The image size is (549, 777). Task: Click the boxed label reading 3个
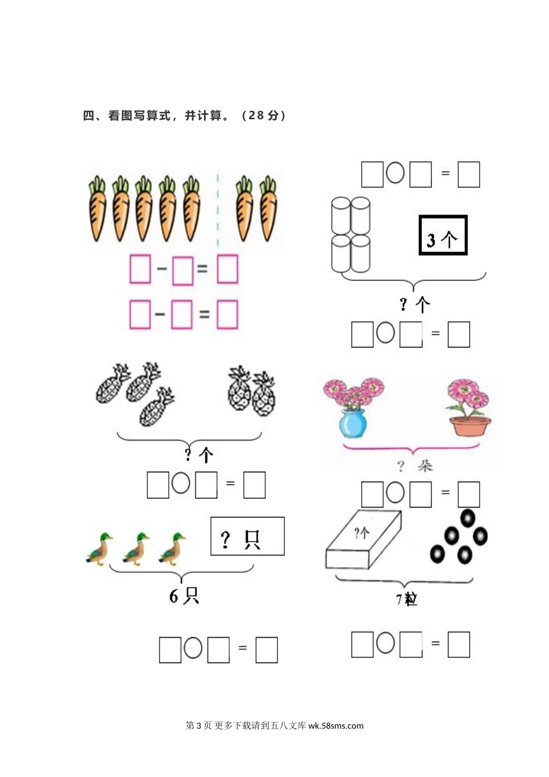point(443,235)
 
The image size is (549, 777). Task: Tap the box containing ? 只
point(247,536)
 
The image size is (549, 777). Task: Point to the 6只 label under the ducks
point(184,596)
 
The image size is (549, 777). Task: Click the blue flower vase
point(353,423)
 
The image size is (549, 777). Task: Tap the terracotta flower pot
point(470,426)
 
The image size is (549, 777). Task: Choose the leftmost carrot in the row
point(97,209)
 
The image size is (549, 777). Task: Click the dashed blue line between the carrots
point(218,210)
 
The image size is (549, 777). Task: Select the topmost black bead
point(468,518)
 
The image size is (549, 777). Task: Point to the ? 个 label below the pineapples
point(199,454)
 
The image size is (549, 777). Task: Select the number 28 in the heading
point(257,115)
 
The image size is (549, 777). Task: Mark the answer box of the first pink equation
point(228,269)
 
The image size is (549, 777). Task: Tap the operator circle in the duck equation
point(193,647)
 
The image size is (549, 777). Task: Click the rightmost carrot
point(268,209)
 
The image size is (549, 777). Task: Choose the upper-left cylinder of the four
point(341,216)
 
